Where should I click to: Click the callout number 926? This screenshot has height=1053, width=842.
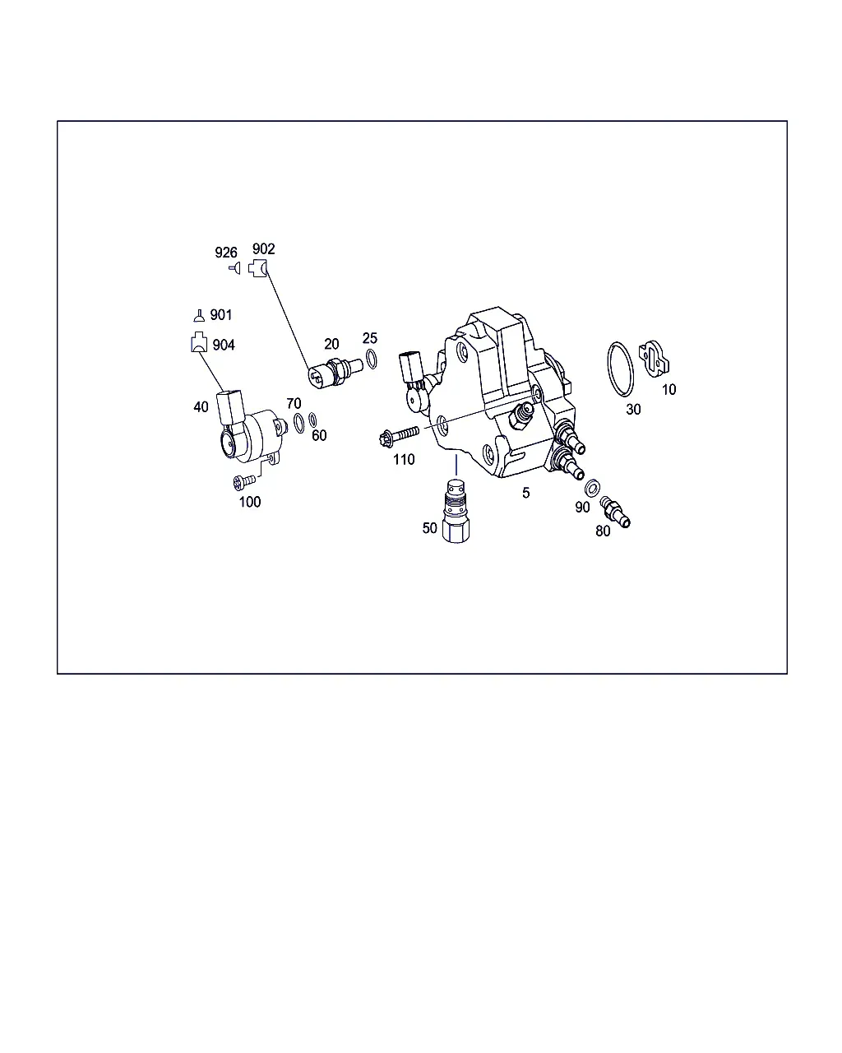[x=225, y=253]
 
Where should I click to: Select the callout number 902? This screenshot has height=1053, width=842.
[x=263, y=249]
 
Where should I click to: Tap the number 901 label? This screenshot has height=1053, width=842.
[x=220, y=314]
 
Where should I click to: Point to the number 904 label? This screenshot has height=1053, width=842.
[x=224, y=345]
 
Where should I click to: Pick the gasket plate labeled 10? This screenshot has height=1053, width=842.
[x=654, y=359]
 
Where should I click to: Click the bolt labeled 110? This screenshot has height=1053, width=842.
[x=400, y=435]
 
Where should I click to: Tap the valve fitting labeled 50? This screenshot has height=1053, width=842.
[x=456, y=511]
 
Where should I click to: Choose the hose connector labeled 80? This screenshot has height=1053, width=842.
[x=615, y=512]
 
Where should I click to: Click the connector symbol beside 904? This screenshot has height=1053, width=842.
[x=199, y=341]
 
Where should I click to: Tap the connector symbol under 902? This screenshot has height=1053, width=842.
[x=258, y=269]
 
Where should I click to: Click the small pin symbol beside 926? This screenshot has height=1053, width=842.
[x=235, y=268]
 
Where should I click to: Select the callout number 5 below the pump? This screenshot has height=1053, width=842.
[x=525, y=493]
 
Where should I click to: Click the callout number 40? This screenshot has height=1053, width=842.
[x=201, y=406]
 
